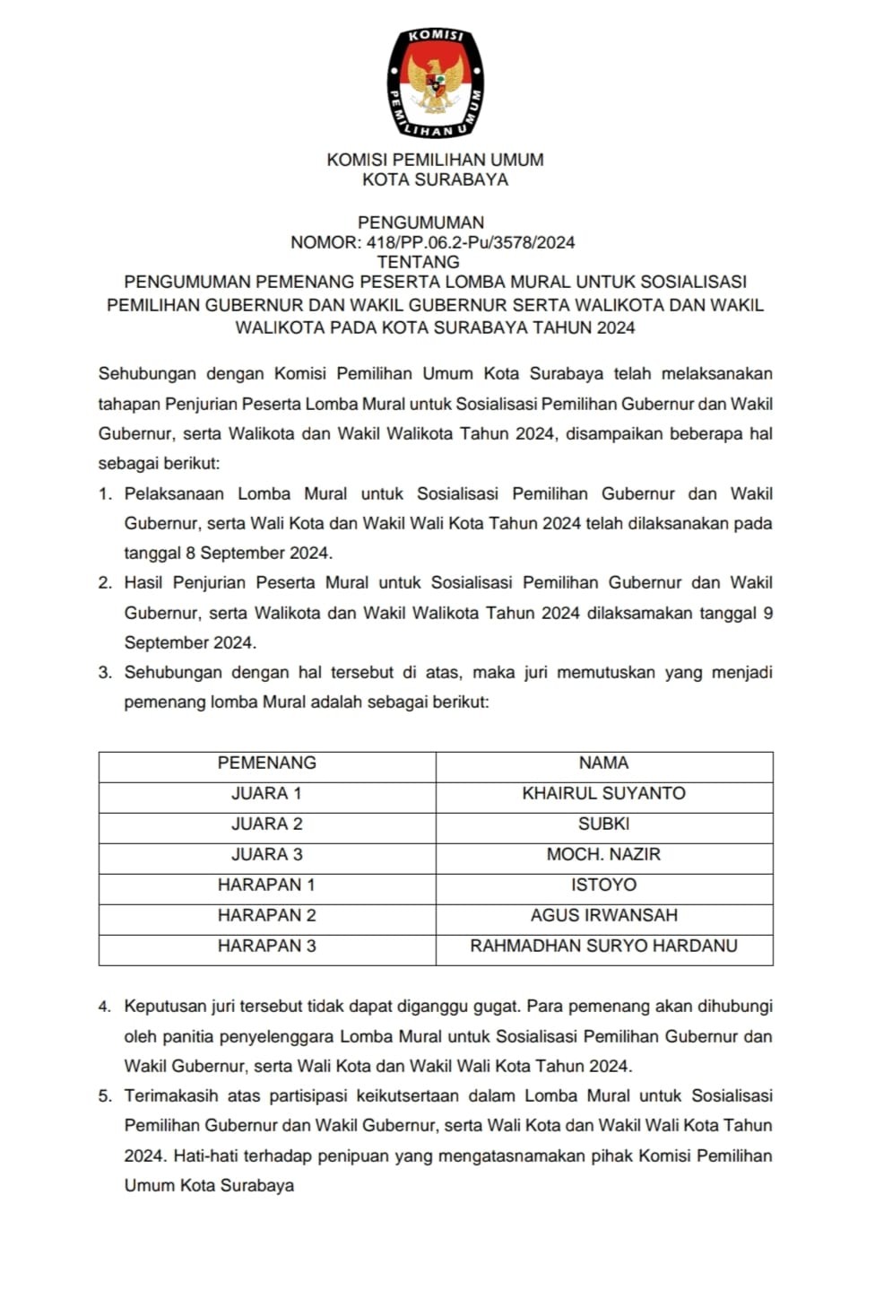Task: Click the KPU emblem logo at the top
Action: tap(435, 83)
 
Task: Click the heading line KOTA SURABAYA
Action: tap(435, 179)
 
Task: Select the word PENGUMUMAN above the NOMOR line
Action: tap(420, 222)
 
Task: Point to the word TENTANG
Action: tap(418, 262)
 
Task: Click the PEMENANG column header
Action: tap(267, 763)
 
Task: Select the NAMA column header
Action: tap(603, 763)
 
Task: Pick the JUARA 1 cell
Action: tap(267, 793)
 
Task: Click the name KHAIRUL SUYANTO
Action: tap(603, 793)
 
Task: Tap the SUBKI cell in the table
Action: tap(603, 824)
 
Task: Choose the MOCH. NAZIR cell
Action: tap(603, 854)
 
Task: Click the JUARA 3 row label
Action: tap(267, 854)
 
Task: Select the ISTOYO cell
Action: tap(603, 885)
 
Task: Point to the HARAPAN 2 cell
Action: tap(267, 915)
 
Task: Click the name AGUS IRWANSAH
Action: tap(603, 915)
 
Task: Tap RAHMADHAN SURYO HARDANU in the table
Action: tap(603, 946)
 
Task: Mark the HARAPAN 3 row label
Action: tap(267, 946)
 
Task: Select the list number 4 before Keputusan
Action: tap(105, 1007)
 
